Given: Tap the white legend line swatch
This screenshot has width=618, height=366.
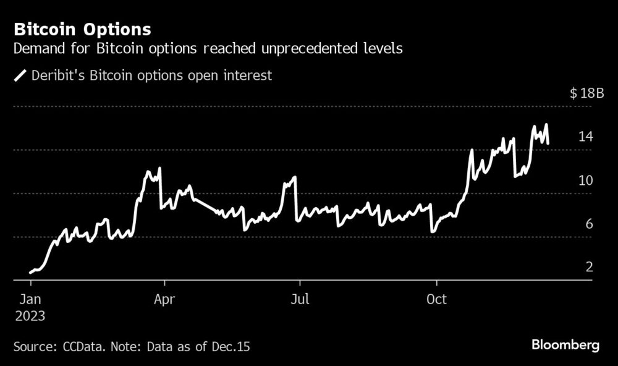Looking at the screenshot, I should (20, 76).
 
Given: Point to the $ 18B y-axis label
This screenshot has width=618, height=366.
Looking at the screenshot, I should (586, 93).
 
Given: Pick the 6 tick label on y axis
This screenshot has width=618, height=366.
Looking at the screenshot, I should (589, 224).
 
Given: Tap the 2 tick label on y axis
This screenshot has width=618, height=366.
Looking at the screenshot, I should (589, 267).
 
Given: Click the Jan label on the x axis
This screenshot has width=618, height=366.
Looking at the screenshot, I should (30, 300).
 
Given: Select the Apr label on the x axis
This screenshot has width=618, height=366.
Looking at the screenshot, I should (164, 300).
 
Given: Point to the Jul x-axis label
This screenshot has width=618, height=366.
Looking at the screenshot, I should (300, 300).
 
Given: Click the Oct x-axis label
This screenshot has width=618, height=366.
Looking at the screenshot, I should (436, 300).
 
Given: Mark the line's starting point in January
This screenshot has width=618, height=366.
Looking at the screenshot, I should (30, 272).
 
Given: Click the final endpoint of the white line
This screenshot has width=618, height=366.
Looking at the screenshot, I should (548, 143).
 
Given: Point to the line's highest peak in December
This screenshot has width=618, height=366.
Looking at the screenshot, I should (546, 125).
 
